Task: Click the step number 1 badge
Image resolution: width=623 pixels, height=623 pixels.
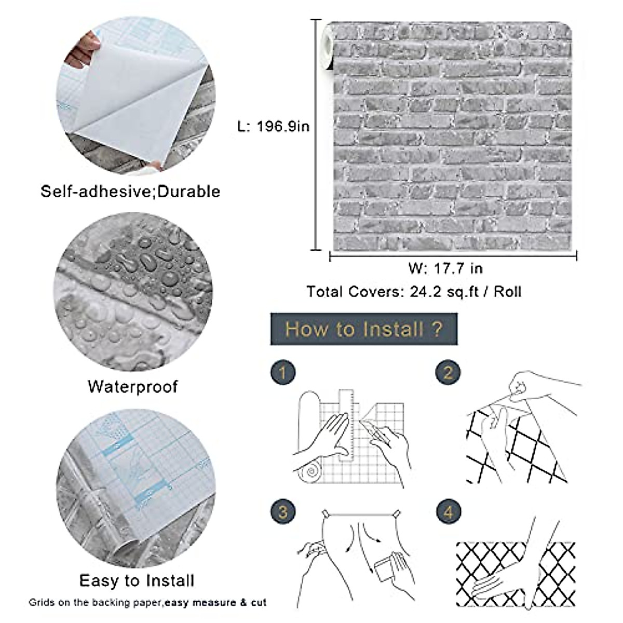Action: [283, 372]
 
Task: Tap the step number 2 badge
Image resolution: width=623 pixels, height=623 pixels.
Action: [448, 372]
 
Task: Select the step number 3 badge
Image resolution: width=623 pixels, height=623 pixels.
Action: [283, 512]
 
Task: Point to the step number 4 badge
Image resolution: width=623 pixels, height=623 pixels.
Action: [448, 512]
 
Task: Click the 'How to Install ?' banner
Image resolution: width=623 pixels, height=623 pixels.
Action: [363, 329]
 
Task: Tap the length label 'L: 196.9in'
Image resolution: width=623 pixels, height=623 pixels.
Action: [273, 126]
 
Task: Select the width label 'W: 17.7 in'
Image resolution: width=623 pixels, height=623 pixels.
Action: [445, 268]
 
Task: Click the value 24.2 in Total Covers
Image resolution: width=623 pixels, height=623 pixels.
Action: [425, 292]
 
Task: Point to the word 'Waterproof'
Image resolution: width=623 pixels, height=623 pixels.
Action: [133, 387]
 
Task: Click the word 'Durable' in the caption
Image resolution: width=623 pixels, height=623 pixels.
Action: [188, 192]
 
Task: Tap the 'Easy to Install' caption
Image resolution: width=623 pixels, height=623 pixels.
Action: [137, 580]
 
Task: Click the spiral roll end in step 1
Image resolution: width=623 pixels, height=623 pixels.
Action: [311, 472]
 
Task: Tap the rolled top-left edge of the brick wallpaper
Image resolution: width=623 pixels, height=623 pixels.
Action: [328, 47]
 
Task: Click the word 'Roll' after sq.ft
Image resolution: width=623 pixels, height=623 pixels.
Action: [507, 292]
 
